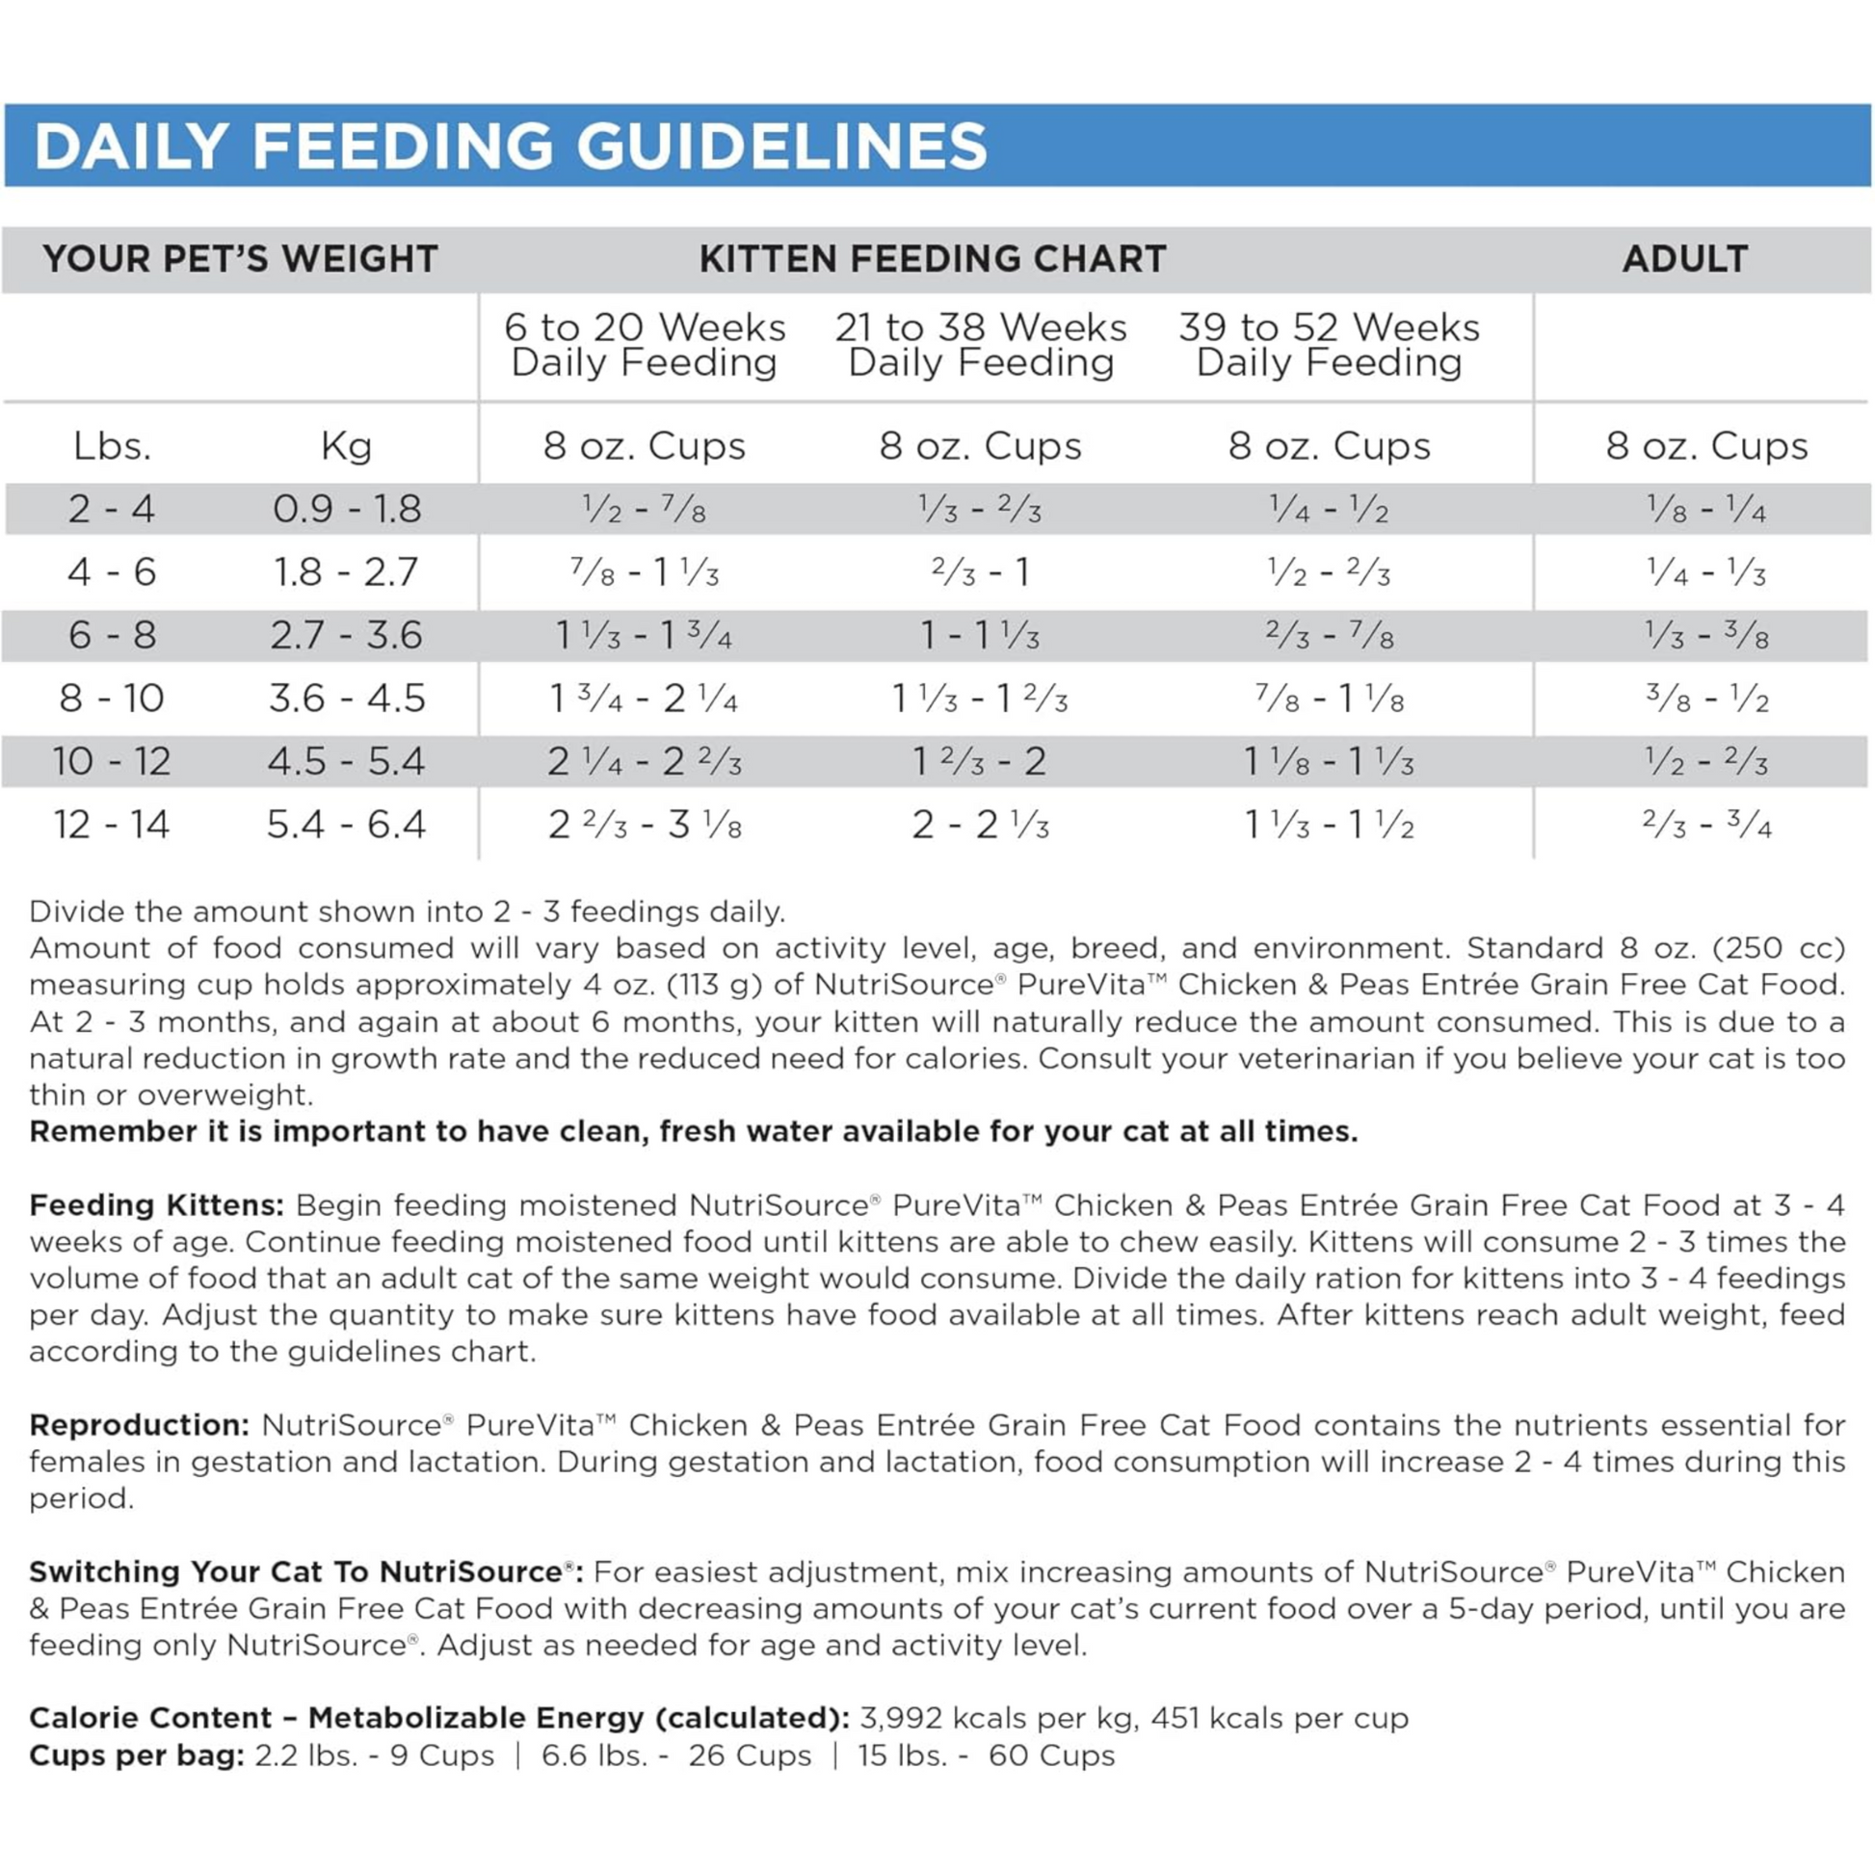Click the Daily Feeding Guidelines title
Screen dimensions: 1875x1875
(511, 146)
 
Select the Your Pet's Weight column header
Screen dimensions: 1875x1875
(241, 259)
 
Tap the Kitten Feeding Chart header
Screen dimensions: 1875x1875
(933, 259)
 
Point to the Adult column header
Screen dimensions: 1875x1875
(1685, 259)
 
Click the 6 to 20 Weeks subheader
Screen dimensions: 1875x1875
(645, 345)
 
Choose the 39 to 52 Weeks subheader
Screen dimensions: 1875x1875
(1329, 345)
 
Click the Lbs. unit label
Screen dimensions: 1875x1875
(113, 446)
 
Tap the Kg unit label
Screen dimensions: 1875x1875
(347, 446)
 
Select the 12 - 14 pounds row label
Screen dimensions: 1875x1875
(113, 825)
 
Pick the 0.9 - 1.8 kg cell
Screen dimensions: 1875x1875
(347, 510)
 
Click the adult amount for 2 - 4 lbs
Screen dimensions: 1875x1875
(1706, 510)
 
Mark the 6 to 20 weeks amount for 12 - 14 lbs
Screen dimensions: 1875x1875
(645, 825)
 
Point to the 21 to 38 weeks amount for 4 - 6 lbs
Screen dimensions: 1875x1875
(980, 572)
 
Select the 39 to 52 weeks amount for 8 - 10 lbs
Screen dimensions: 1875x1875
(1329, 699)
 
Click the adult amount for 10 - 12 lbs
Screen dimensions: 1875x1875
(1706, 762)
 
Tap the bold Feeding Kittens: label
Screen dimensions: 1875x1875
(156, 1205)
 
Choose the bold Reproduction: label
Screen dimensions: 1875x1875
(140, 1425)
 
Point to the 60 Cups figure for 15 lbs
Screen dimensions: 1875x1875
(1051, 1756)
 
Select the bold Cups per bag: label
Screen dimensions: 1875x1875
(137, 1756)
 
